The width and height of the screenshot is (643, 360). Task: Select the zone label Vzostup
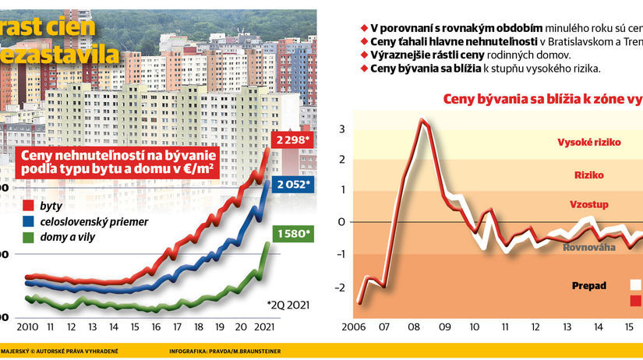click(x=588, y=204)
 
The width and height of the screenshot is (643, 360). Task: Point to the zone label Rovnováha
click(x=590, y=247)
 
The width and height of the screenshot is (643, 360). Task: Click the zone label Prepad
click(x=589, y=285)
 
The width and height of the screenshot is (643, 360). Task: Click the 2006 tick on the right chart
click(x=354, y=326)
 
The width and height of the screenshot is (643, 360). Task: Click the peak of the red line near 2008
click(x=422, y=120)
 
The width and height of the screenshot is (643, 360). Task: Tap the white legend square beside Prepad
click(x=636, y=285)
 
